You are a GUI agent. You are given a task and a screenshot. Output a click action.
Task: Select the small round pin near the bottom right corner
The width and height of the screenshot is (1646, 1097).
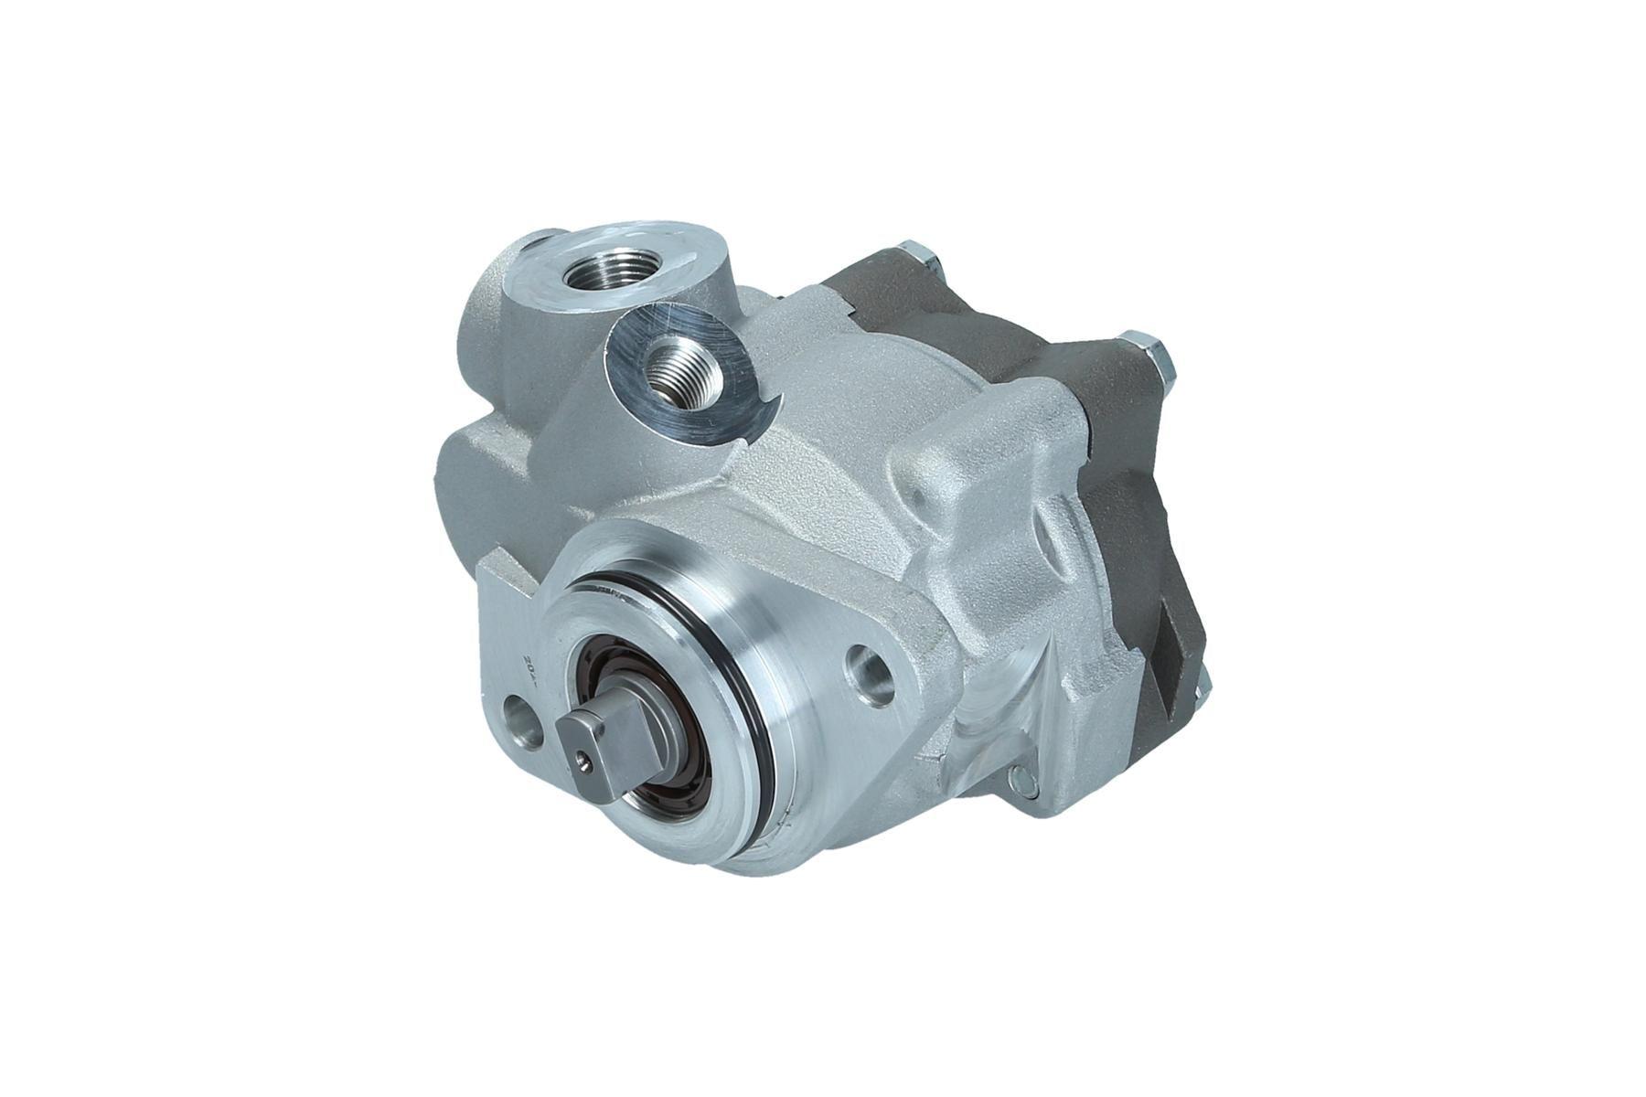[1020, 779]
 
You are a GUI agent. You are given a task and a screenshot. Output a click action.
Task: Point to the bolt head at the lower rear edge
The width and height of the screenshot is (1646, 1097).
[1204, 677]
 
